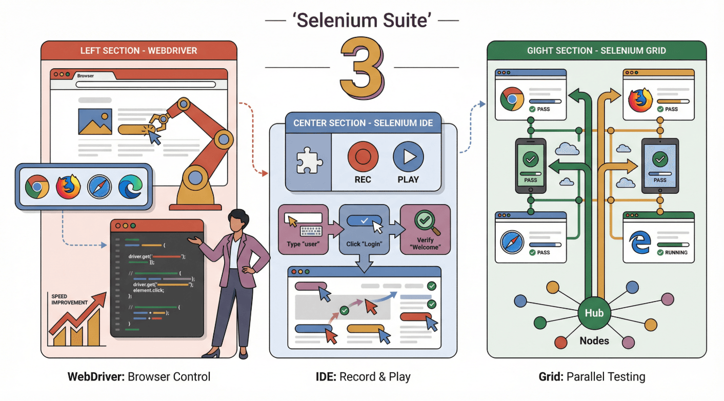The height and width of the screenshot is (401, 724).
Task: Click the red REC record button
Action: [363, 157]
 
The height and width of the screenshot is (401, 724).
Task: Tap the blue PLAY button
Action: [408, 157]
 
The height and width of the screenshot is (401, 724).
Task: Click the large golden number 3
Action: [361, 68]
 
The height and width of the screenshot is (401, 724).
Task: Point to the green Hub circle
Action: [594, 313]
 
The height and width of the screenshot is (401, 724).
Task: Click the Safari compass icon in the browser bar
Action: [99, 187]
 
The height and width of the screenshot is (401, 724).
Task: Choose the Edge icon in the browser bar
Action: [130, 187]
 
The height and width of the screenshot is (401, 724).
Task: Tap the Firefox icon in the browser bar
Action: [68, 187]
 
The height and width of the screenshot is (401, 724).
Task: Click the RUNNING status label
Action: [676, 252]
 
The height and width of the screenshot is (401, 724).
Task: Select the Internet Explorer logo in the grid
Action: [639, 243]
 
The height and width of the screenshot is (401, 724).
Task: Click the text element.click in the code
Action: [148, 290]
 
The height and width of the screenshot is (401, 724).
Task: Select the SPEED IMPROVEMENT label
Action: [69, 299]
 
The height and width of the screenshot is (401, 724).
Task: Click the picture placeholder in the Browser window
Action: [95, 122]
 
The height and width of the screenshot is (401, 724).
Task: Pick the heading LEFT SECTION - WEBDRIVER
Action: [138, 51]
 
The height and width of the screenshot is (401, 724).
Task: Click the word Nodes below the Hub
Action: [594, 340]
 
